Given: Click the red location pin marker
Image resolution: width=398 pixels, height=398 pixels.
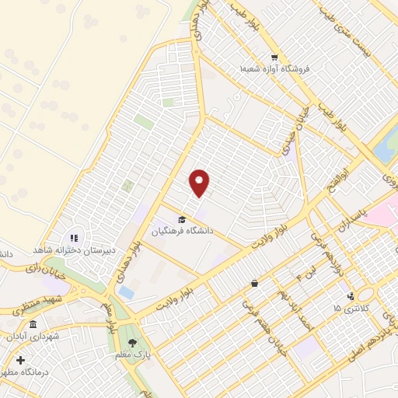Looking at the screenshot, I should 200,182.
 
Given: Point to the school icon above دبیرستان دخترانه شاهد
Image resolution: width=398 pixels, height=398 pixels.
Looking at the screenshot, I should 75,238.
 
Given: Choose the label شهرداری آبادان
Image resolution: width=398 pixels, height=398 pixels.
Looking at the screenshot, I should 33,338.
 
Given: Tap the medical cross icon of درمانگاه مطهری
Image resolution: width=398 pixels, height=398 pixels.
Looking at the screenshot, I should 20,361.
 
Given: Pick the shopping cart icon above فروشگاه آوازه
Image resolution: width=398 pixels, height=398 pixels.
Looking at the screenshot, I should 274,57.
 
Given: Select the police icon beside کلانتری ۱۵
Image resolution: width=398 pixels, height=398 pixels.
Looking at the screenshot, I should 351,295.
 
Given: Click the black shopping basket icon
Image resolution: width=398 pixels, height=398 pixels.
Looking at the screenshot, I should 255,284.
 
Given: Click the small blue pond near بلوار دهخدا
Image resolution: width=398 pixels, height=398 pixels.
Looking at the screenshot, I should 125,292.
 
